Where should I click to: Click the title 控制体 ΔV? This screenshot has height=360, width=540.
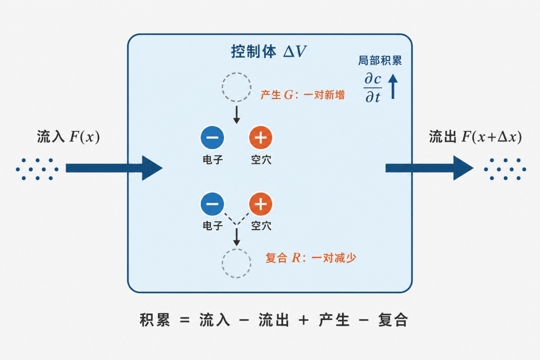coord(268,51)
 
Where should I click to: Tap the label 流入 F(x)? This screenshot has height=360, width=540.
coord(68,137)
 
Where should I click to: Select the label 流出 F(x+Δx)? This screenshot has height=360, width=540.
coord(475,137)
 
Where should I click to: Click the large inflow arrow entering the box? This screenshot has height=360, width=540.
coord(114,168)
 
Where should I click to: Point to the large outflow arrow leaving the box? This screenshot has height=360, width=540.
coord(429,168)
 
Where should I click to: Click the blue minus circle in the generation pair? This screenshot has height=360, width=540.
coord(212,137)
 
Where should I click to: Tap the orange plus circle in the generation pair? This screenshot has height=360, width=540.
coord(260,137)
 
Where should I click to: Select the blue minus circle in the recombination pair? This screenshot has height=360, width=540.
coord(212,203)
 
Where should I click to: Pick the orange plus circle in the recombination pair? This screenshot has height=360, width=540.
coord(260,203)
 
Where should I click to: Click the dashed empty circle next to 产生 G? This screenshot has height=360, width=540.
coord(222,87)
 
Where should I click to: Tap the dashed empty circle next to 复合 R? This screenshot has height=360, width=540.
coord(222,263)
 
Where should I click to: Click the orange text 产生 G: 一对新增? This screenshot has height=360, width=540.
coord(302,94)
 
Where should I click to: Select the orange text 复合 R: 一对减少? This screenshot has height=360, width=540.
coord(310,257)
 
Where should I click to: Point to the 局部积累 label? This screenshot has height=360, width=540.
coord(380,60)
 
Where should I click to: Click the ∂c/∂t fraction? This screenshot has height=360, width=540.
coord(372,87)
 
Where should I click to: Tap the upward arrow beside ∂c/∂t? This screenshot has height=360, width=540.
coord(393,86)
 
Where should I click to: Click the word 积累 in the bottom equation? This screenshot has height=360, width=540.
coord(155,320)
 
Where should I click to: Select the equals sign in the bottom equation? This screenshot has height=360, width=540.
coord(185,320)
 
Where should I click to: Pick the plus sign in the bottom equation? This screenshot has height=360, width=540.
coord(303,320)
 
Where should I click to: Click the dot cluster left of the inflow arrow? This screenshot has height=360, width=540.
coord(37,169)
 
